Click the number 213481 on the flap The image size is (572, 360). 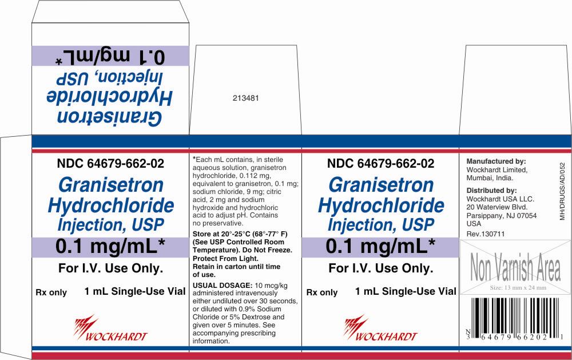tap(245, 98)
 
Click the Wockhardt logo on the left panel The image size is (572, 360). tap(110, 328)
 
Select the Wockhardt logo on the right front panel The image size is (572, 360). tap(380, 328)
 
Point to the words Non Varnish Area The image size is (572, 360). tap(515, 267)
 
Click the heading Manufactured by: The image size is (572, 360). tap(496, 161)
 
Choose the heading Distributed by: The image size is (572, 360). tap(491, 190)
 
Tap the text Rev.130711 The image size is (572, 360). tap(485, 234)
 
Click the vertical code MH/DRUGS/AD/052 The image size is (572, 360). tap(562, 191)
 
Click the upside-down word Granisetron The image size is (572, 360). tap(109, 117)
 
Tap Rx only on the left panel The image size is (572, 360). tap(51, 292)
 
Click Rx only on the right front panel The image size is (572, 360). tap(321, 292)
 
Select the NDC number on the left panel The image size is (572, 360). tap(110, 163)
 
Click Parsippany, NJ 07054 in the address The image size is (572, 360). tap(502, 215)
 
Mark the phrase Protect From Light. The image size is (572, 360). tap(225, 259)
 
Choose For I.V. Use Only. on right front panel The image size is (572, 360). tap(381, 268)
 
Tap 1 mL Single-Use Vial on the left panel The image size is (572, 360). tap(135, 291)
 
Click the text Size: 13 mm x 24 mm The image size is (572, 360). tap(518, 288)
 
